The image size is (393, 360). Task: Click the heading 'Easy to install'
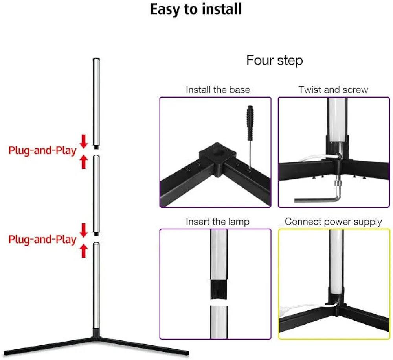(196, 9)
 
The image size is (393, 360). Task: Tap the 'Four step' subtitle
(274, 61)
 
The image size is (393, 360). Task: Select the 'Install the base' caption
(218, 90)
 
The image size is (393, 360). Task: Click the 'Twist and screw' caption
(333, 90)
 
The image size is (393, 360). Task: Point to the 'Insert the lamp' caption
(218, 222)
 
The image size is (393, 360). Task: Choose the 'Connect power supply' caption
(333, 222)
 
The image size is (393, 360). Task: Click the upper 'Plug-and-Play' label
(42, 150)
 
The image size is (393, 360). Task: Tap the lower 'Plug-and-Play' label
(42, 239)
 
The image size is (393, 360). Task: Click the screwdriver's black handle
(250, 123)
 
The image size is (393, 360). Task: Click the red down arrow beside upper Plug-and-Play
(84, 141)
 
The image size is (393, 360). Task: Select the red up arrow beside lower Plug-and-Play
(84, 251)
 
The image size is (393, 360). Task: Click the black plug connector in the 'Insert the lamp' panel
(219, 289)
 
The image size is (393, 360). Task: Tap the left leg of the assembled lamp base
(49, 346)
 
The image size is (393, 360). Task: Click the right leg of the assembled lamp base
(143, 346)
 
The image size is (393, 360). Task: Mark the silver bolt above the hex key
(338, 183)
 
